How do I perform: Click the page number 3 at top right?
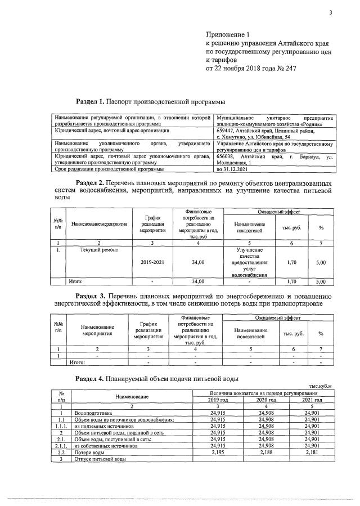(x=331, y=12)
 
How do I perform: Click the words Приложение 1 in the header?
(x=228, y=35)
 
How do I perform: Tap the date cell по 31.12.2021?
(x=233, y=169)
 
